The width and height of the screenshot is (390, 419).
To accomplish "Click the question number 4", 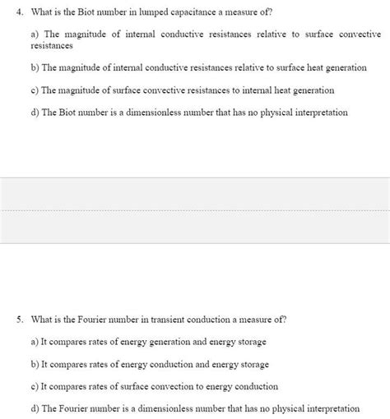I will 19,10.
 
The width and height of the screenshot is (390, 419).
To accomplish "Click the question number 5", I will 19,319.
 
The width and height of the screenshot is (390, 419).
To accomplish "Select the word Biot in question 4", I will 91,10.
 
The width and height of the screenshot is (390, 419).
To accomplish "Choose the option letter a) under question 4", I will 35,35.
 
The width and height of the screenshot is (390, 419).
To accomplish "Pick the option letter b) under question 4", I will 35,68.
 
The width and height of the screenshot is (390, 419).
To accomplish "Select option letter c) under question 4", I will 35,90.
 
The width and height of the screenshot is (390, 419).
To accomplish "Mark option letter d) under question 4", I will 35,113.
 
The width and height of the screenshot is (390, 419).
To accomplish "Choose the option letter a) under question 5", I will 35,341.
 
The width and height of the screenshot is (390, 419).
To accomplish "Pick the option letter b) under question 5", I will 35,363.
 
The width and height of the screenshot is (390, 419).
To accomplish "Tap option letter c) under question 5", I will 35,385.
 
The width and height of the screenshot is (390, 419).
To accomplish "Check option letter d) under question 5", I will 35,407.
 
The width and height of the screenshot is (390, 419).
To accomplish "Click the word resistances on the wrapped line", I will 51,46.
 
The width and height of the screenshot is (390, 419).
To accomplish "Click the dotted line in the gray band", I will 195,210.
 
